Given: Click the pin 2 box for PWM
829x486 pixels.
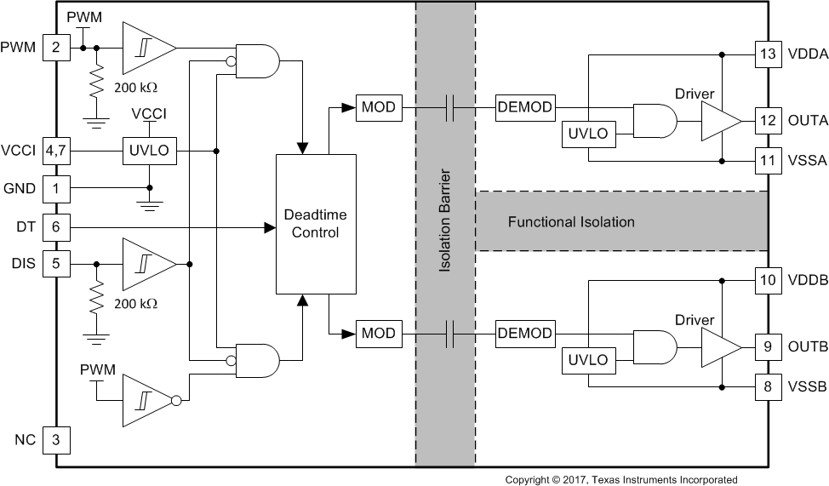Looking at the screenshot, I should [56, 48].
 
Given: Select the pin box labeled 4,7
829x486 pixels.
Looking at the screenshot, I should [56, 152].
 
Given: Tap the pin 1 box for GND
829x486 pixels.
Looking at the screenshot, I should [56, 188].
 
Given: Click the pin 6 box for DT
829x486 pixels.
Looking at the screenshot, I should [56, 226].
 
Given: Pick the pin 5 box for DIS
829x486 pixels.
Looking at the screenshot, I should [56, 264].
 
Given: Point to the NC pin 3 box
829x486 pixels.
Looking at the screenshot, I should [56, 440].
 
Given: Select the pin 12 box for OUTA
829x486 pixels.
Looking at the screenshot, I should [769, 120].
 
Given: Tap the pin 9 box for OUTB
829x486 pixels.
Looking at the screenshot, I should [769, 347].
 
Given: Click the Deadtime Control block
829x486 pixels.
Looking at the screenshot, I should [315, 224].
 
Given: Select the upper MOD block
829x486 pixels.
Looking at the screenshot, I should [379, 107].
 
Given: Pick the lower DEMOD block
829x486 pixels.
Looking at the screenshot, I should [524, 333].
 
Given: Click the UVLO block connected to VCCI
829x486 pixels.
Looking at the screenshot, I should [150, 152].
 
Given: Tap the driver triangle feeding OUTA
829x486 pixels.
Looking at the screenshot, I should [718, 121].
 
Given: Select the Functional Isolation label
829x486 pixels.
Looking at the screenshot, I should [571, 222].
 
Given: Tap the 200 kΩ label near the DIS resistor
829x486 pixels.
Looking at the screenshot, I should [137, 303].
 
